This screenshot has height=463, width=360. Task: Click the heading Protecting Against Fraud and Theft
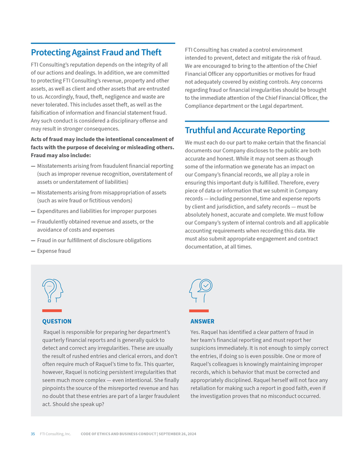(96, 52)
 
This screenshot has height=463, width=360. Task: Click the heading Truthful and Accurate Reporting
(245, 130)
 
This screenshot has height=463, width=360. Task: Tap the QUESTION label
(56, 321)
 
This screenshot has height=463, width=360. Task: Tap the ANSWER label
(202, 321)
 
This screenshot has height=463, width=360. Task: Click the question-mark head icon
(52, 290)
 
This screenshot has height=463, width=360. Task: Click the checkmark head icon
(201, 290)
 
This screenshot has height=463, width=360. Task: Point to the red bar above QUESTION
(52, 311)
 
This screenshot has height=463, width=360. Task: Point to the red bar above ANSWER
(199, 311)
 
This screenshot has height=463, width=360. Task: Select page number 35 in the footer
(33, 434)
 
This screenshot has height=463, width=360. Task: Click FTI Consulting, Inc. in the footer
(55, 434)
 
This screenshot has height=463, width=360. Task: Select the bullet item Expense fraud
(54, 251)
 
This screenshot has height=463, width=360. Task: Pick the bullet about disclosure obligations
(94, 240)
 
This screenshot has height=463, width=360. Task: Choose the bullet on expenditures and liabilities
(97, 211)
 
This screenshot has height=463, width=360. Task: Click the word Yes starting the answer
(194, 332)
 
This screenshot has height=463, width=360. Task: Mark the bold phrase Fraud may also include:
(60, 155)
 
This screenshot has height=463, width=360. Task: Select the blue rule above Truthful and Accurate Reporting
(257, 121)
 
